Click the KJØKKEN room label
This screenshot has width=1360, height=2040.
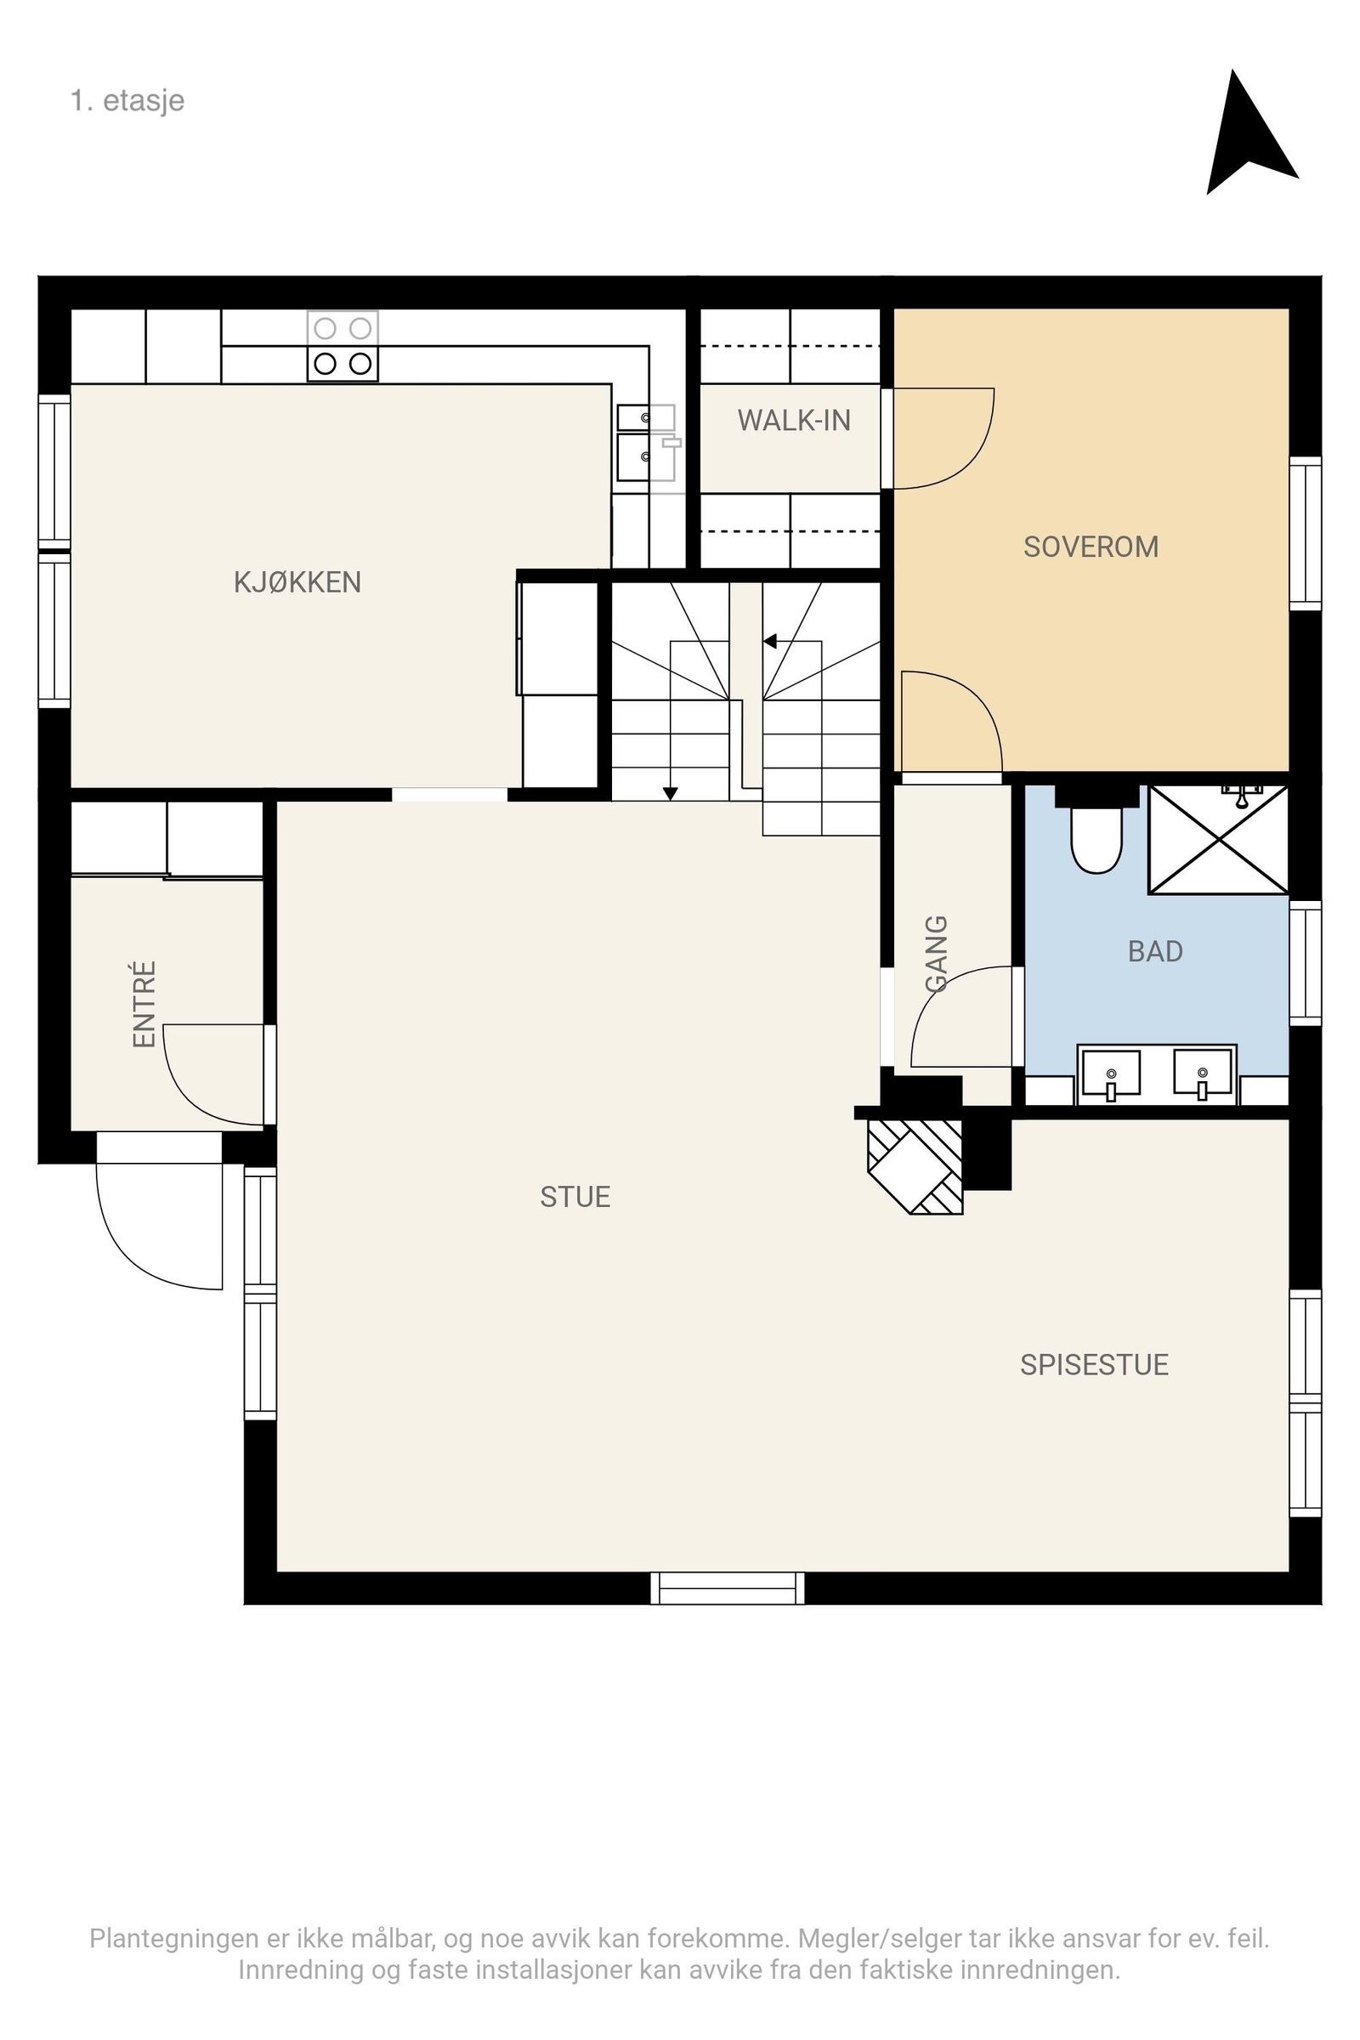point(297,581)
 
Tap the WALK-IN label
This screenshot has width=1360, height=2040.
point(794,421)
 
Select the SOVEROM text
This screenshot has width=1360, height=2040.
point(1091,547)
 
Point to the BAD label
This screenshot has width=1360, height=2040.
point(1155,951)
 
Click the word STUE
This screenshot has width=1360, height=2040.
point(575,1197)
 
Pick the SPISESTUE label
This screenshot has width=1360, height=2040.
point(1094,1365)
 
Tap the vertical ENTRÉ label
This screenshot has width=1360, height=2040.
point(144,1005)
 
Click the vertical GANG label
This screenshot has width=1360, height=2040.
point(937,953)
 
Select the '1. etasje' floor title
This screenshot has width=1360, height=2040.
point(127,100)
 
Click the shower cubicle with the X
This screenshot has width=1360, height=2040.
point(1219,840)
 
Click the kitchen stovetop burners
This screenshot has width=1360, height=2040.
point(343,346)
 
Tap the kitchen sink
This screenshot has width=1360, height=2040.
point(646,443)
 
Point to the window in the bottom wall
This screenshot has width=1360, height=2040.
point(728,1588)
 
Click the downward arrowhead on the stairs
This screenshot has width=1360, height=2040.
point(671,793)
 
